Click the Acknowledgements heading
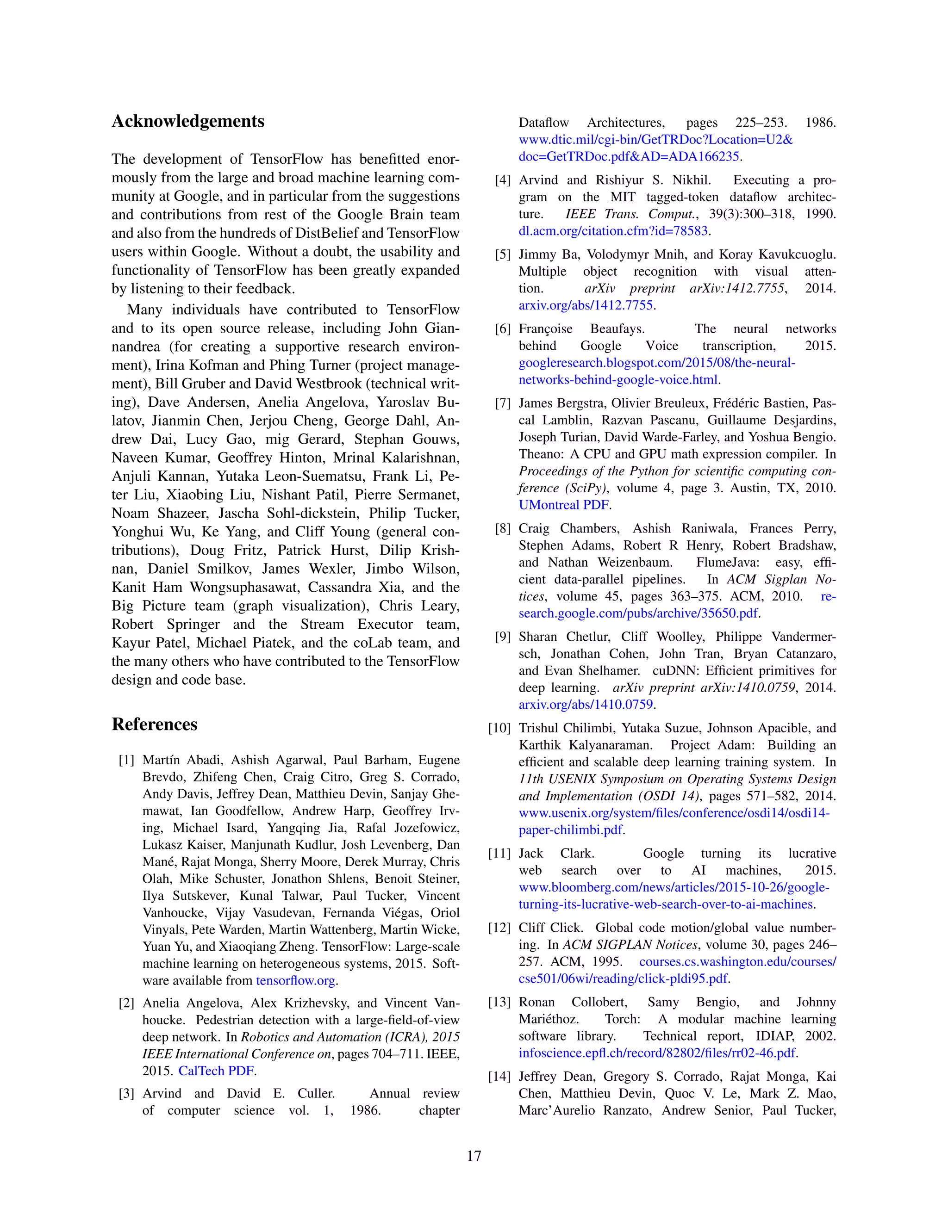(187, 121)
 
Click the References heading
(155, 724)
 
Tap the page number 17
(474, 1156)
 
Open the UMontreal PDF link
(563, 505)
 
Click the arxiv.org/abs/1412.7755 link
(586, 305)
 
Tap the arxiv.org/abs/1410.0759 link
(586, 705)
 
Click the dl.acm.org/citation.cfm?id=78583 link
(613, 231)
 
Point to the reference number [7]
(503, 403)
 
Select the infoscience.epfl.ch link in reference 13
(657, 1053)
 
